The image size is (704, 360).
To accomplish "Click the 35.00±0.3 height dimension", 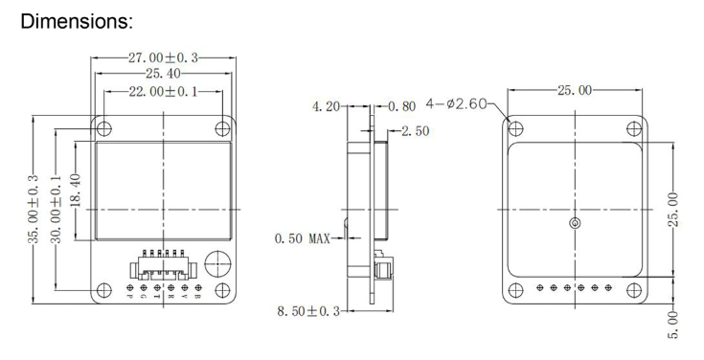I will tap(34, 209).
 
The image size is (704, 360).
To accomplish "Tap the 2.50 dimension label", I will tap(415, 130).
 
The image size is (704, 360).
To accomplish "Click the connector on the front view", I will tap(163, 263).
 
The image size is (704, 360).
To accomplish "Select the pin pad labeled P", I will tap(131, 288).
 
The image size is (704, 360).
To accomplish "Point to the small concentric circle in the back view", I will tap(574, 224).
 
